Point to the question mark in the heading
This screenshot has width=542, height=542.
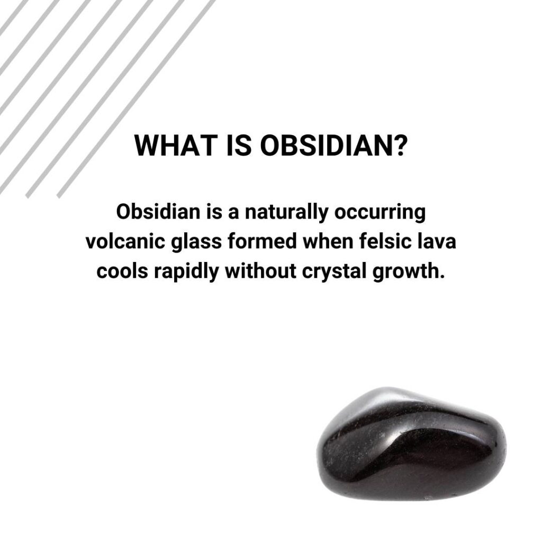(399, 146)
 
